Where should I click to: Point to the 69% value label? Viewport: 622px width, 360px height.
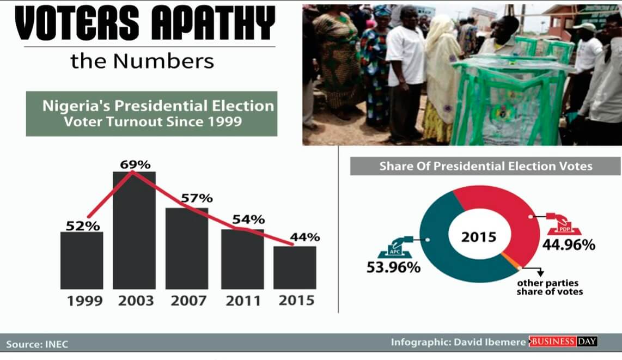(x=135, y=164)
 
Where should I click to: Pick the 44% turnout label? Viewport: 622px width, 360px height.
(x=304, y=237)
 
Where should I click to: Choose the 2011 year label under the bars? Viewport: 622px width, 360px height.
(x=243, y=301)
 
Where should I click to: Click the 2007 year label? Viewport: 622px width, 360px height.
(x=188, y=301)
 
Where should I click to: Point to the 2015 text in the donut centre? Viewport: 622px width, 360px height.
(x=479, y=237)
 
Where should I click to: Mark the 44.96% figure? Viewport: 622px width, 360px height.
(x=568, y=245)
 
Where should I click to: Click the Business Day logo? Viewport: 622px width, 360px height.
(x=563, y=342)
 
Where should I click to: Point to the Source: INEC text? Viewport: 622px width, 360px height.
(x=38, y=344)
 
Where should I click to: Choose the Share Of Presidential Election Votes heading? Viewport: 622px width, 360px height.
(x=485, y=166)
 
